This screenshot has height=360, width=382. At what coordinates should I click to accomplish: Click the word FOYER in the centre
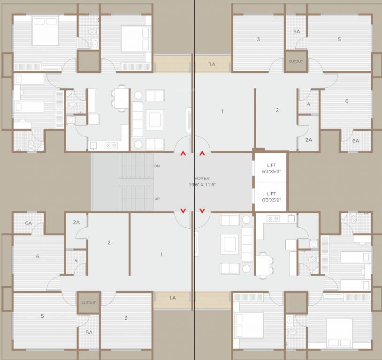[x=202, y=179]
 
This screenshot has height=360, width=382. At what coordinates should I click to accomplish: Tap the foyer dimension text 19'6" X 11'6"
[x=202, y=185]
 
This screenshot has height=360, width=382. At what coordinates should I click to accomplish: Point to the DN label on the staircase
[x=157, y=166]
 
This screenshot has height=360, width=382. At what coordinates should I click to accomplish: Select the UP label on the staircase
[x=157, y=199]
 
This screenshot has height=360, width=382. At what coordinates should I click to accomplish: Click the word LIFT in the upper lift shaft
[x=271, y=165]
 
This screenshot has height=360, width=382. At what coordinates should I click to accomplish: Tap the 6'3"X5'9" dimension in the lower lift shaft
[x=271, y=200]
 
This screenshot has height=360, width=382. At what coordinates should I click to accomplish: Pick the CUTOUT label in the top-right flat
[x=296, y=61]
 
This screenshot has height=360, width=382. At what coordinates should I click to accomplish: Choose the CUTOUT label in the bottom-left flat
[x=88, y=303]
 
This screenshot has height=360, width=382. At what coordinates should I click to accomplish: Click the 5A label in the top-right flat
[x=296, y=31]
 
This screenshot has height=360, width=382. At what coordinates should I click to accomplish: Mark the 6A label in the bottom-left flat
[x=29, y=224]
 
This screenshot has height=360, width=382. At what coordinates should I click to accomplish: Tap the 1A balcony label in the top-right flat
[x=212, y=64]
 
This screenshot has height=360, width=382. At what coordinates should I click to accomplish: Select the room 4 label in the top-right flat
[x=308, y=104]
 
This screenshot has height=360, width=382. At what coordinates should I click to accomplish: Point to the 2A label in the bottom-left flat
[x=76, y=222]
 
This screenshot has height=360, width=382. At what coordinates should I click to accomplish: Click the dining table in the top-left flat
[x=122, y=98]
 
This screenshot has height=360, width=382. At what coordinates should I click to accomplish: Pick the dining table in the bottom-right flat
[x=263, y=265]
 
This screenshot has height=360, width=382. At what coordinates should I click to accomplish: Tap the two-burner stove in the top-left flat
[x=111, y=145]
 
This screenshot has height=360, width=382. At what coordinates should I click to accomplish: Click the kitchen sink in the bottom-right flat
[x=291, y=218]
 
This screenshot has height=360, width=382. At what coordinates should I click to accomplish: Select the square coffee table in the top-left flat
[x=154, y=119]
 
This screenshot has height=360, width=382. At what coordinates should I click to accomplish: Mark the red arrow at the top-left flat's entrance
[x=183, y=153]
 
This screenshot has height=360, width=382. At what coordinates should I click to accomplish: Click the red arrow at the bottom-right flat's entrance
[x=202, y=211]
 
